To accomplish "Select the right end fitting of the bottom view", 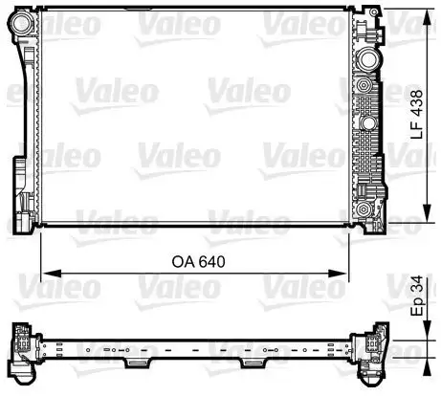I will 367,346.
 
